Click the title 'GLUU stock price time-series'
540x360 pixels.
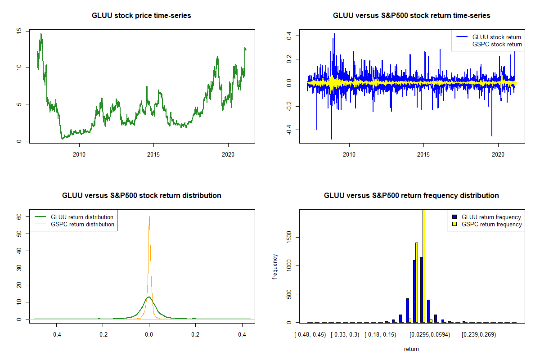coord(142,16)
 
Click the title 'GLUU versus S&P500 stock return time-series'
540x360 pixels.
coord(411,16)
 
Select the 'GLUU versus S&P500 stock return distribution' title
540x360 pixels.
coord(142,196)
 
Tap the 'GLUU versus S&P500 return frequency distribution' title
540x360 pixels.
coord(411,196)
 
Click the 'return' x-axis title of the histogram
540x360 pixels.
coord(411,349)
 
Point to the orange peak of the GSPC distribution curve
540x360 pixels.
coord(149,216)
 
